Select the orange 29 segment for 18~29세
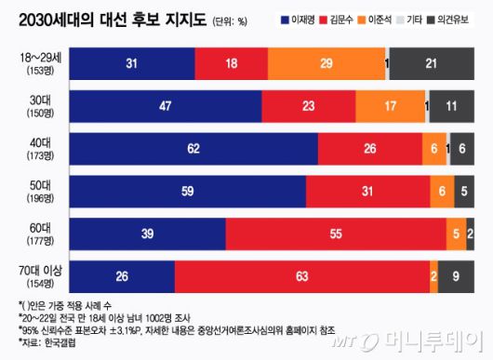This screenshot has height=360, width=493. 325,62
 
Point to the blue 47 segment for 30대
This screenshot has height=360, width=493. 165,105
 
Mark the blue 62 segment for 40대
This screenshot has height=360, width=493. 194,148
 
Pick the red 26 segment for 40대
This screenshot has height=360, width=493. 370,148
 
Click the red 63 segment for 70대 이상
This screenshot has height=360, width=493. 301,276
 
